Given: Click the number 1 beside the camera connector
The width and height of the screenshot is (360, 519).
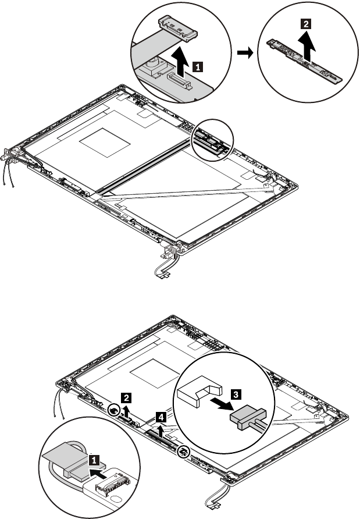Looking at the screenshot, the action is [198, 66].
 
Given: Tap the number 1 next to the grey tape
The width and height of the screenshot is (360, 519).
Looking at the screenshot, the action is [92, 458].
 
